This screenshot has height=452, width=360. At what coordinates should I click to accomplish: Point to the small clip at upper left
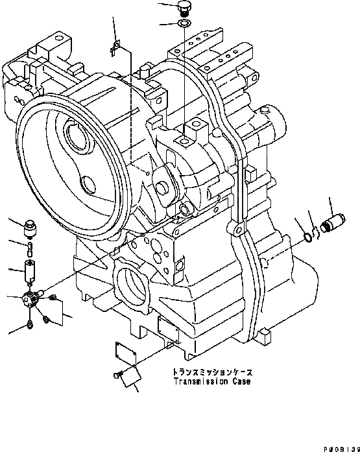click(115, 45)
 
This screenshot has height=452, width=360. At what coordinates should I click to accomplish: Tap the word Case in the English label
click(237, 381)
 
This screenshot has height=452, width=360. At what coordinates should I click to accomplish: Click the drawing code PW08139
click(338, 446)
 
